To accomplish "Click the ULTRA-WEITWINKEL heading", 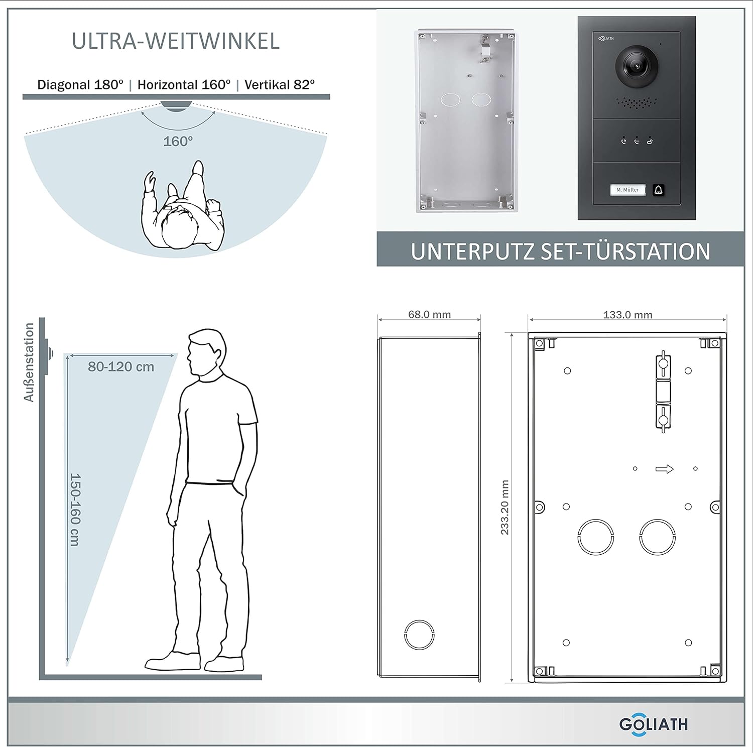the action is [176, 41].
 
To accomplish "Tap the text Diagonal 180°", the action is [80, 84].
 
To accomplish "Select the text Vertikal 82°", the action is [280, 84].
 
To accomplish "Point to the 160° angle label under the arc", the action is [178, 142].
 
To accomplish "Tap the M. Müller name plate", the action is [627, 190].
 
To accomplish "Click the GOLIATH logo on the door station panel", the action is [606, 38].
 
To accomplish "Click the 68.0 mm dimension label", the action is [429, 315].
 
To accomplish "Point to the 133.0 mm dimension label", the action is [627, 315].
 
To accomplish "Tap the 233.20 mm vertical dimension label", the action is [505, 507].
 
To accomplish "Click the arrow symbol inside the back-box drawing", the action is [665, 469].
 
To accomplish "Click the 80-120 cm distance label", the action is [121, 367].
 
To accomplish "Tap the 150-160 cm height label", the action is [75, 510].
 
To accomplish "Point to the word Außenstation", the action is [29, 362].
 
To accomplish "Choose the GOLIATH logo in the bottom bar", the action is [654, 724].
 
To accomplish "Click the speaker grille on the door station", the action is [637, 104].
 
